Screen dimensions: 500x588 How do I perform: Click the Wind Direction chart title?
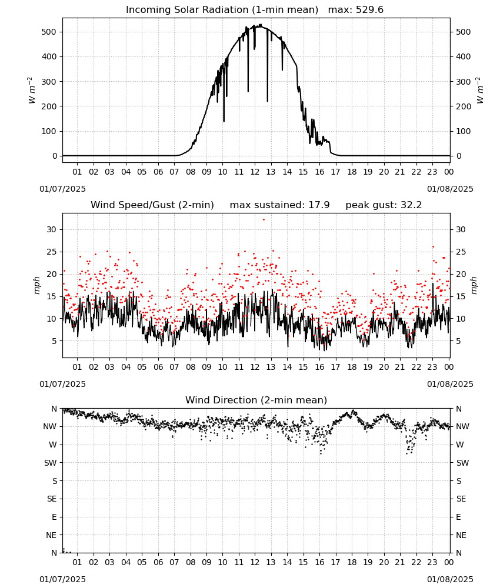(256, 400)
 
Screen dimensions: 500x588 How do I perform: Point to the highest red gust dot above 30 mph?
(264, 220)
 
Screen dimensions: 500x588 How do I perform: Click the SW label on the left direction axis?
(50, 463)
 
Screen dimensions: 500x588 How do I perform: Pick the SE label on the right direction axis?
(461, 499)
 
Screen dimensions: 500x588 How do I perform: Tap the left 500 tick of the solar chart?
(49, 32)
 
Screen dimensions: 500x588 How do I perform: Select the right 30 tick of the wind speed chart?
(461, 229)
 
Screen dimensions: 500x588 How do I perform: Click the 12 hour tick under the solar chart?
(255, 172)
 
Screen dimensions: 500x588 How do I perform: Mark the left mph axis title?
(36, 285)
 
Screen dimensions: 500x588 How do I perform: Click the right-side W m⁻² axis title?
(480, 91)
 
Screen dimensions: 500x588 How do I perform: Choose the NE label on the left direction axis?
(51, 535)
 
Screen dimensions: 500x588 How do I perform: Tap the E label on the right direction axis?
(458, 517)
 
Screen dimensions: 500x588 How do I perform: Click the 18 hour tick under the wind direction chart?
(351, 562)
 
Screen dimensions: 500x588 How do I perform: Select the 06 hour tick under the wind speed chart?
(158, 367)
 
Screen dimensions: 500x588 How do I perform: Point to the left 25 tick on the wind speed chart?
(51, 252)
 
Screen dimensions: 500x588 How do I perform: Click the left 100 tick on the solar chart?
(49, 131)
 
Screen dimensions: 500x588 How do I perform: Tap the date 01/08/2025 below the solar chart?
(450, 189)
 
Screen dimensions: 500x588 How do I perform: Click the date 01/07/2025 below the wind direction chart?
(62, 579)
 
